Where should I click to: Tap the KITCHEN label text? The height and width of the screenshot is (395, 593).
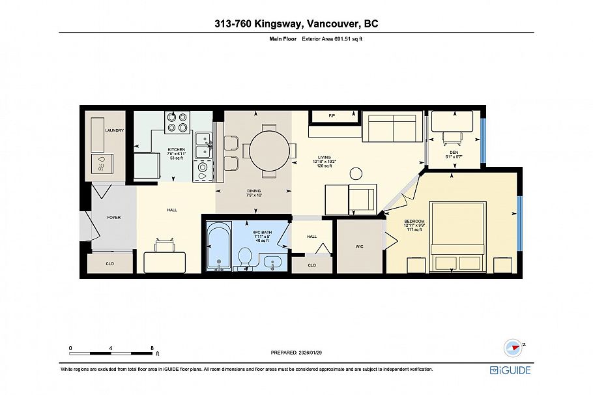(x=177, y=149)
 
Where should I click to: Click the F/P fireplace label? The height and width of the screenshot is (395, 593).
(x=331, y=116)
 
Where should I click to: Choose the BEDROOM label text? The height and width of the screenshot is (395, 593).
(x=414, y=222)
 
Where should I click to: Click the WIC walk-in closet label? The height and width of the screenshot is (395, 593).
(x=359, y=246)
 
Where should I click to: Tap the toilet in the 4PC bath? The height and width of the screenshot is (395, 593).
(x=246, y=257)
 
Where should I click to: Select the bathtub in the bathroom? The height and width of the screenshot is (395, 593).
(x=218, y=248)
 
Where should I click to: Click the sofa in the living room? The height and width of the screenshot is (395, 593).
(x=390, y=128)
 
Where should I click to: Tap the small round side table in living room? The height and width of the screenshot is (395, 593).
(x=356, y=173)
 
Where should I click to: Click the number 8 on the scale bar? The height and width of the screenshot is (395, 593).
(x=152, y=347)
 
